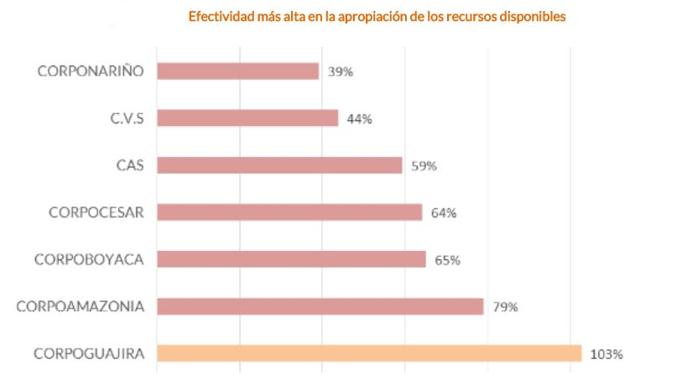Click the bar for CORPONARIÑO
(x=237, y=71)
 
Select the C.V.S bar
(x=247, y=118)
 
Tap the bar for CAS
(x=279, y=165)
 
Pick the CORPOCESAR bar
(x=289, y=212)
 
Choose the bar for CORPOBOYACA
(x=291, y=259)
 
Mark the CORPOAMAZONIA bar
(x=320, y=306)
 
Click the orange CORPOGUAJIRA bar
(x=369, y=353)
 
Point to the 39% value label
(x=341, y=72)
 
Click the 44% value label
(x=359, y=119)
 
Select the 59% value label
(x=424, y=166)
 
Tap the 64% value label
(x=443, y=213)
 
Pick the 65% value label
(x=447, y=260)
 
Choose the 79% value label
(x=505, y=307)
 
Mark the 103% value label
(x=606, y=354)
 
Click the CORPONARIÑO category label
(x=91, y=70)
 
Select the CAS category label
(x=130, y=164)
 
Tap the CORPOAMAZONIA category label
(x=80, y=305)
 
